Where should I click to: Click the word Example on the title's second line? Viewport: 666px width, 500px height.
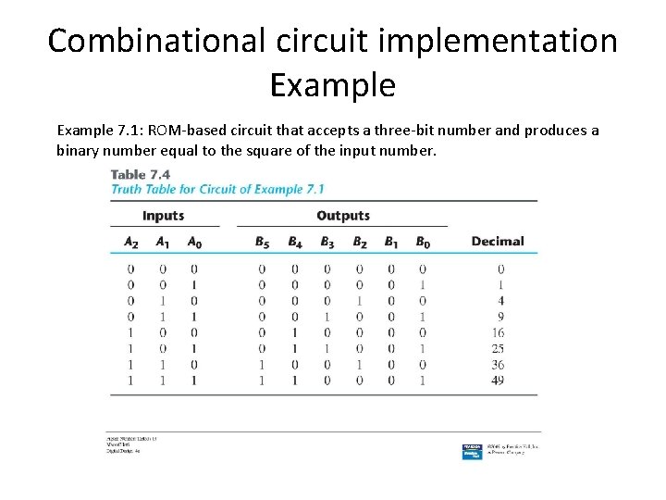(x=333, y=85)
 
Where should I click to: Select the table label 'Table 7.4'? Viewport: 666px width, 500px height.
(x=142, y=174)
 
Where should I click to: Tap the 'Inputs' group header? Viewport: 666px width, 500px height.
(x=164, y=216)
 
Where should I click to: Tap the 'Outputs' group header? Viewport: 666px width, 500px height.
(x=342, y=216)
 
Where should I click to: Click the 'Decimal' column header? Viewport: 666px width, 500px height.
(x=498, y=242)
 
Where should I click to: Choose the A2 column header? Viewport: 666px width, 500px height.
(x=131, y=242)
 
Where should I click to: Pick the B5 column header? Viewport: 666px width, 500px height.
(x=263, y=242)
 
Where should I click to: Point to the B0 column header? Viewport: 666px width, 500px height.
(x=422, y=242)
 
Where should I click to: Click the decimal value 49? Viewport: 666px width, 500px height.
(x=498, y=380)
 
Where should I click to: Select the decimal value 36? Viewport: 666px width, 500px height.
(x=498, y=364)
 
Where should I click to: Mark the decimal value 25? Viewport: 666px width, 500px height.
(x=498, y=348)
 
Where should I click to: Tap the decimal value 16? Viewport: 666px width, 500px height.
(x=498, y=332)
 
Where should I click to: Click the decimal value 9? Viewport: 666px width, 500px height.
(x=500, y=317)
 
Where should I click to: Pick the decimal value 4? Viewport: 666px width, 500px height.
(x=500, y=301)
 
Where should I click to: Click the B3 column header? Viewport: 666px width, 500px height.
(x=327, y=242)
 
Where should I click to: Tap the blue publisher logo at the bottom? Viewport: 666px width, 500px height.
(x=472, y=451)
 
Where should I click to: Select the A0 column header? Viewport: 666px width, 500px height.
(x=193, y=242)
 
